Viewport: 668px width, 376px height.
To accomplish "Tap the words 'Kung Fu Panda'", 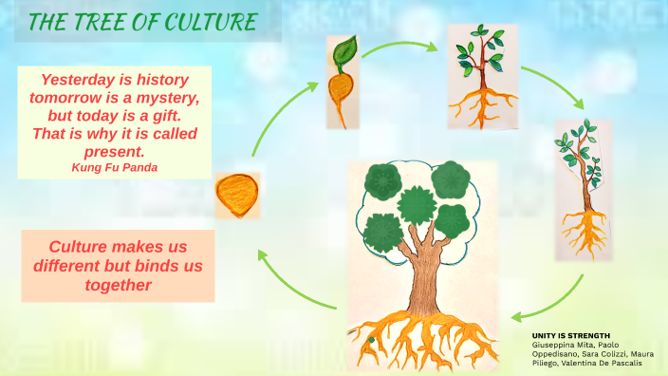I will (x=114, y=166).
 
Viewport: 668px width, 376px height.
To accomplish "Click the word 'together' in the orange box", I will (x=118, y=284).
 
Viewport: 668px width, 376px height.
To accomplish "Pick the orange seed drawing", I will (x=237, y=195).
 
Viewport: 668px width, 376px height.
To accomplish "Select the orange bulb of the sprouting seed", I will (x=341, y=95).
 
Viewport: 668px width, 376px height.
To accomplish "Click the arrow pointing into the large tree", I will (x=552, y=302).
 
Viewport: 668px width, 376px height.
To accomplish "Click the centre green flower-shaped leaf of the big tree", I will (x=416, y=204).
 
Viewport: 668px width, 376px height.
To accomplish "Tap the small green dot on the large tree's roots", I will (x=372, y=339).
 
